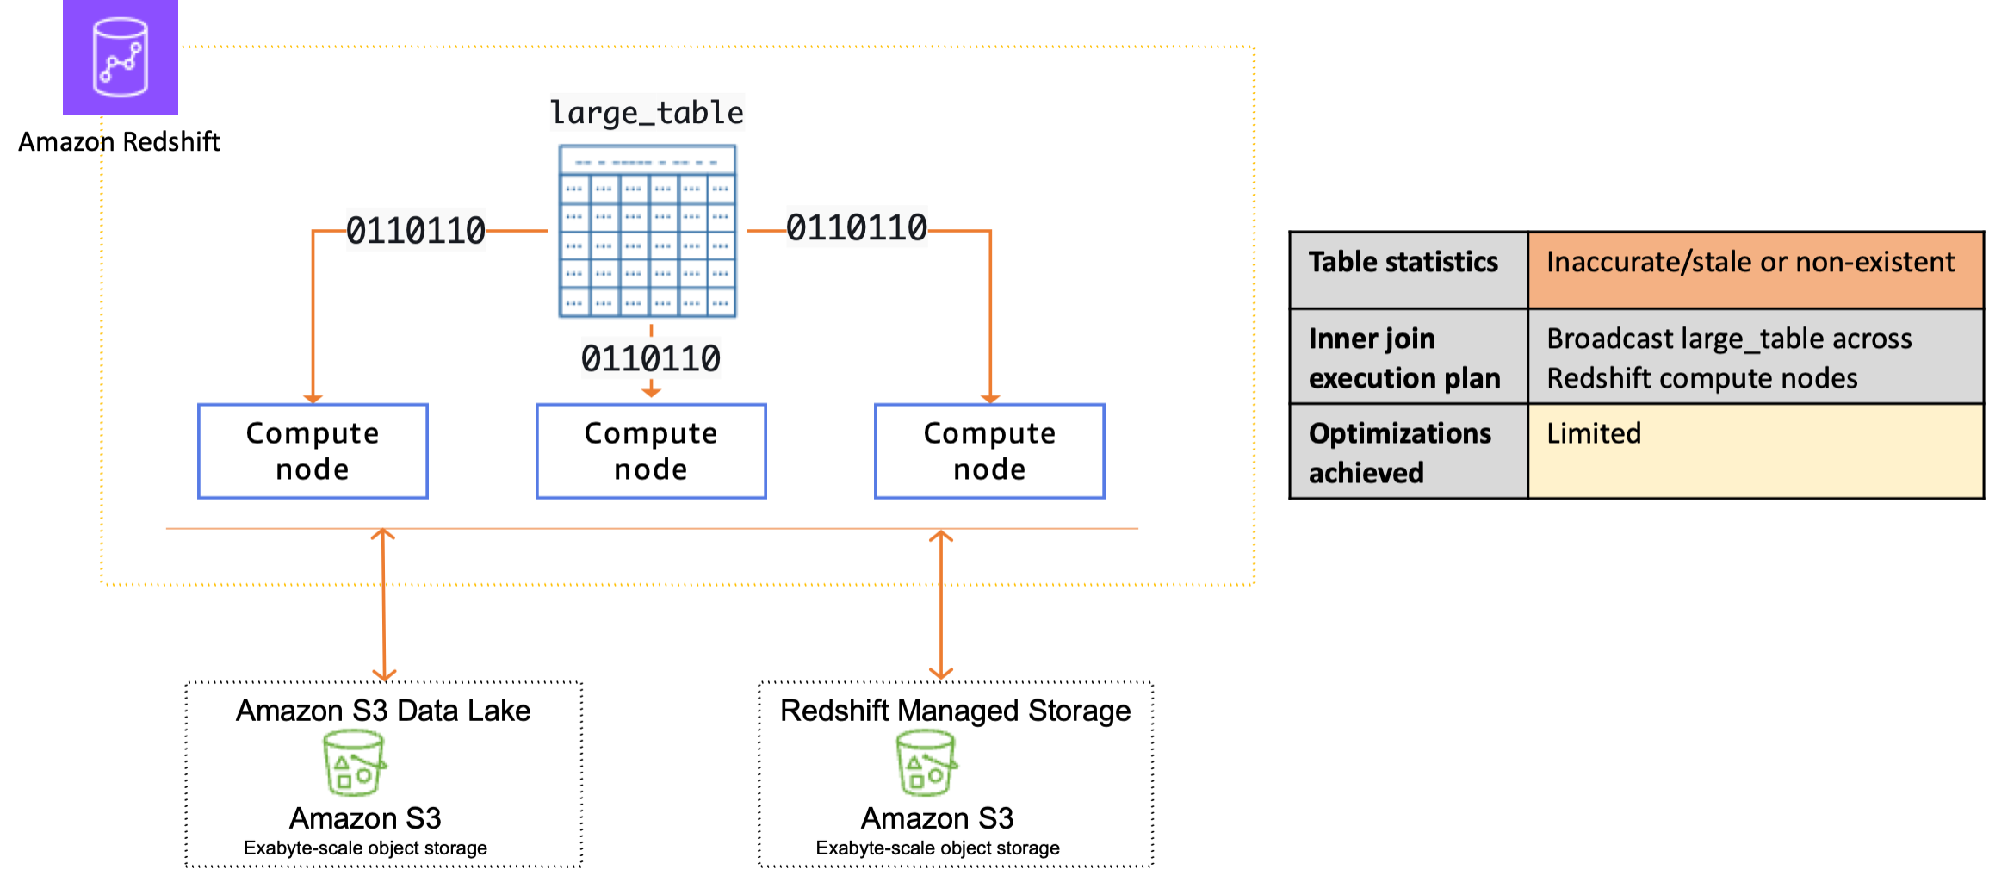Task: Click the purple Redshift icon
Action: point(121,58)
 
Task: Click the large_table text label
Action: point(647,113)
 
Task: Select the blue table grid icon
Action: point(648,232)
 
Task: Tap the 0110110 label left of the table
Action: point(416,230)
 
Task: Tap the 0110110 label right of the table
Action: point(857,227)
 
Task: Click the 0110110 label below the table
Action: point(651,357)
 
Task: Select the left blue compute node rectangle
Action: point(313,450)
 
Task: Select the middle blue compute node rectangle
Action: point(651,450)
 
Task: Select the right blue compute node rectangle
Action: point(989,450)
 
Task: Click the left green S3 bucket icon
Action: point(354,762)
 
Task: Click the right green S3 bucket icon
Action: point(926,762)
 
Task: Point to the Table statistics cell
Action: point(1403,262)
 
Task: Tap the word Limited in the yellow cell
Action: point(1594,433)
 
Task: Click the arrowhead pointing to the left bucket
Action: point(384,674)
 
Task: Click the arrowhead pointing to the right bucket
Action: point(941,672)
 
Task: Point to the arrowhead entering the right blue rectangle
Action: point(990,398)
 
